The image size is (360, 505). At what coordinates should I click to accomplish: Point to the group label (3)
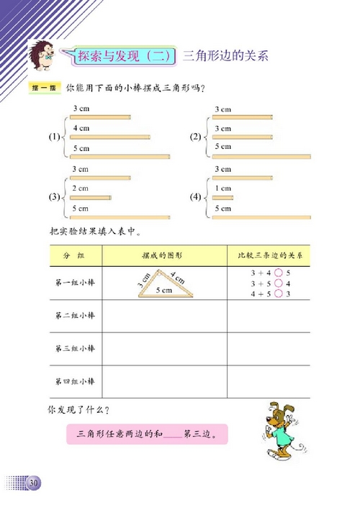click(53, 196)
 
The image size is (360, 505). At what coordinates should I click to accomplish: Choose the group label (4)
click(195, 196)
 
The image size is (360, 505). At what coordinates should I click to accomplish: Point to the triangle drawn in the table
click(163, 284)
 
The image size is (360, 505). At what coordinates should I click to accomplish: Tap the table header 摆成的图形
click(163, 256)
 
